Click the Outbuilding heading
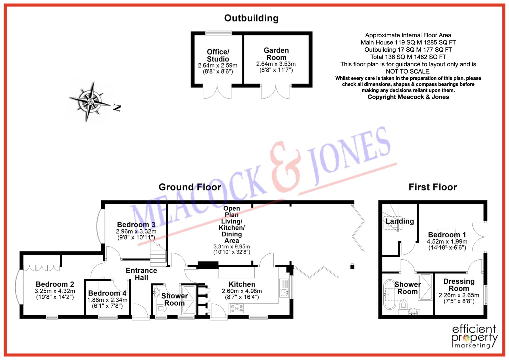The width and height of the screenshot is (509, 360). [x=251, y=18]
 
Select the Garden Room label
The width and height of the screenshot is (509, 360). [x=276, y=54]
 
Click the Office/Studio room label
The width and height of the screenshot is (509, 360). [x=218, y=55]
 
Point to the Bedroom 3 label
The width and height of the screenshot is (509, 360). [x=136, y=225]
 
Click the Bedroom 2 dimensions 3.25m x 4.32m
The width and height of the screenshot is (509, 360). [x=55, y=291]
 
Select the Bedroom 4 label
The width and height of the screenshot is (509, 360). [x=107, y=293]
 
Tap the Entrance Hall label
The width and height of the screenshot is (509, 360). [x=141, y=274]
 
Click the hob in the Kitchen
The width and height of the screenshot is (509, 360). [x=237, y=309]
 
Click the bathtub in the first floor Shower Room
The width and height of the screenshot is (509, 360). [x=390, y=295]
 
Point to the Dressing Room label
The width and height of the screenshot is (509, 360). [x=459, y=285]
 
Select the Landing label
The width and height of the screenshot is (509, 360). [x=400, y=221]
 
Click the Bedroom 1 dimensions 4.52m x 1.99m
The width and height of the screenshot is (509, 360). [x=447, y=242]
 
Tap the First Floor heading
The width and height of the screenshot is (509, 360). [x=433, y=187]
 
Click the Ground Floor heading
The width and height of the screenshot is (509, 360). [x=190, y=187]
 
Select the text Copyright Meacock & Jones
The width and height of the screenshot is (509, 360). [x=408, y=97]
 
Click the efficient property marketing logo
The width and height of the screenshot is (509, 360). [x=474, y=336]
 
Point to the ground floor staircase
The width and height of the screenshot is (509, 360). [x=158, y=254]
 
